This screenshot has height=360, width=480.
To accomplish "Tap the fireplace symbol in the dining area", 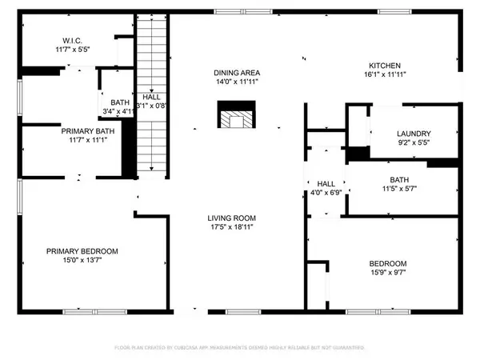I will (x=237, y=116).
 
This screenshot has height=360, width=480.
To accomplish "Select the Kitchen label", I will (x=384, y=66).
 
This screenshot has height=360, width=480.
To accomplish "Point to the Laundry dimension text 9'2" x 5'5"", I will (x=414, y=144).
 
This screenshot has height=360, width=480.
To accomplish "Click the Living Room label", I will (x=232, y=218).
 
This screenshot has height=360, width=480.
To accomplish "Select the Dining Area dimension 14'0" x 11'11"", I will (x=236, y=82).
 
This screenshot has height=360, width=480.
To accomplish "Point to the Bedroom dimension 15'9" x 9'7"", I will (x=388, y=274).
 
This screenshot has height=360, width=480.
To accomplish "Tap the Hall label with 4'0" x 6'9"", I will (x=326, y=183).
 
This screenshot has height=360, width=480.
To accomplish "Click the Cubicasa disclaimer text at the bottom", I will (x=240, y=348).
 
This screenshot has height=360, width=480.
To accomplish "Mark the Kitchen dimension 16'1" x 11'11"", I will (x=384, y=76).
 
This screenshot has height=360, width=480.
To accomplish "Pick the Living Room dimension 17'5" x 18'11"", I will (x=232, y=228).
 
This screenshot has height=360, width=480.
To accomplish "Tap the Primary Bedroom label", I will (x=82, y=251).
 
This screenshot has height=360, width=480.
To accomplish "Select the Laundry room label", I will (x=414, y=134).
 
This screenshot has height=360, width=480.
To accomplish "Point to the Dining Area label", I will (x=236, y=72).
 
